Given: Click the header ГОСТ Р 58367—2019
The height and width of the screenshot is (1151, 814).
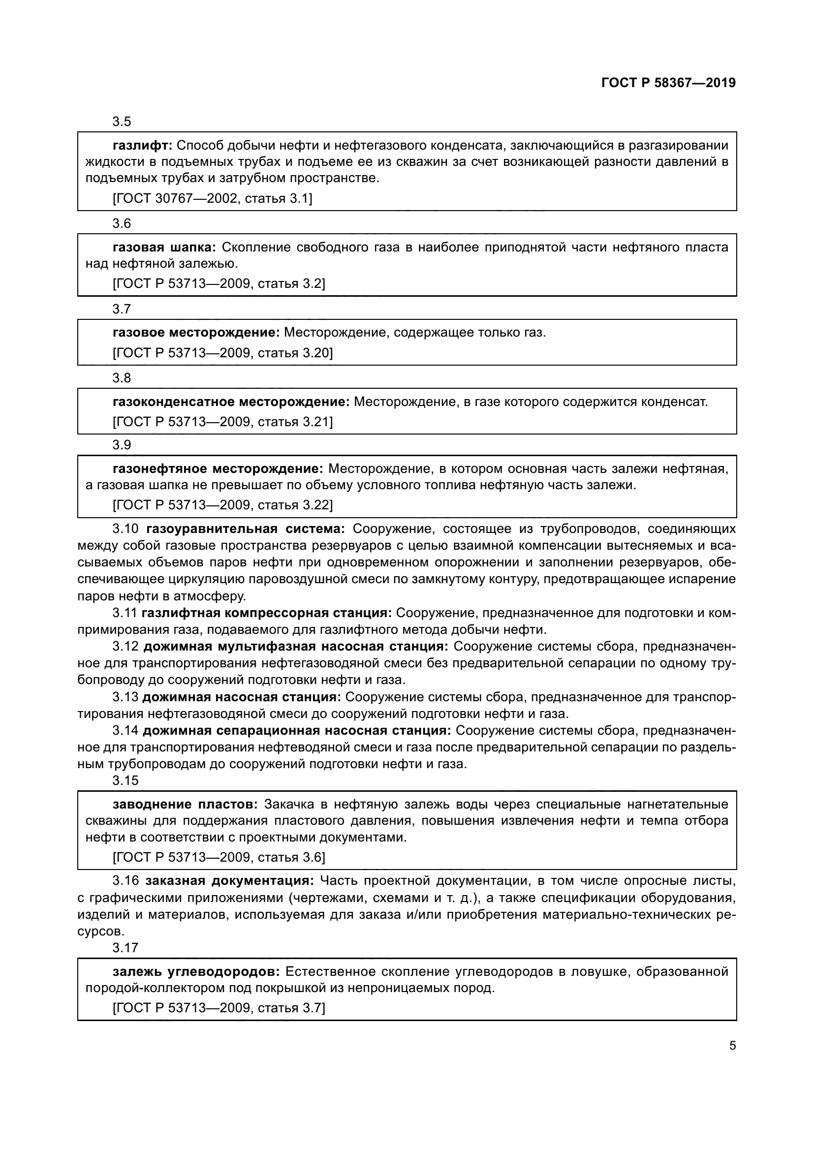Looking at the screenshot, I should click(x=668, y=83).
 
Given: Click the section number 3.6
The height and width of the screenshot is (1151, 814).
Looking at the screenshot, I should click(x=122, y=223).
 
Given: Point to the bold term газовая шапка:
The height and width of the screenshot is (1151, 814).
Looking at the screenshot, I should click(x=164, y=247).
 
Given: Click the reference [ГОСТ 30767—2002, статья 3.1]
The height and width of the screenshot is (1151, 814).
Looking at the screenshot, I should click(x=213, y=199).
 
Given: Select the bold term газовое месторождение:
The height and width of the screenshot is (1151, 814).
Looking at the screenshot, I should click(x=196, y=333).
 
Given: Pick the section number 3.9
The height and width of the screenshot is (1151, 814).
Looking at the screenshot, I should click(x=122, y=445).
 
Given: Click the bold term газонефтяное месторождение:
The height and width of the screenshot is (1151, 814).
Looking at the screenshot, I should click(x=218, y=469).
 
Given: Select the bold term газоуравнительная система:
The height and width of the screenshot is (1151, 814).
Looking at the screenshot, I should click(x=246, y=529).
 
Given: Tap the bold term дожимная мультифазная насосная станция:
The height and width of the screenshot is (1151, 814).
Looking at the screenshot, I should click(x=296, y=647).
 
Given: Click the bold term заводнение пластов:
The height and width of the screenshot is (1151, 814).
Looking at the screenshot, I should click(x=186, y=805).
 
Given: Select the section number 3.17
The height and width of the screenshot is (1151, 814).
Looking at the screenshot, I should click(x=125, y=948).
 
